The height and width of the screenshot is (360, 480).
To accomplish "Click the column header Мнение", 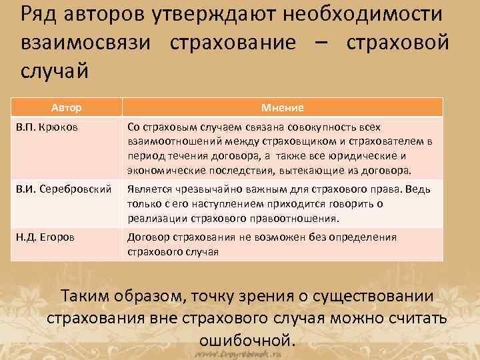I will click(283, 107).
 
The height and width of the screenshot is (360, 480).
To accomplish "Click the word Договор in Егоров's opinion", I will click(147, 237).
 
